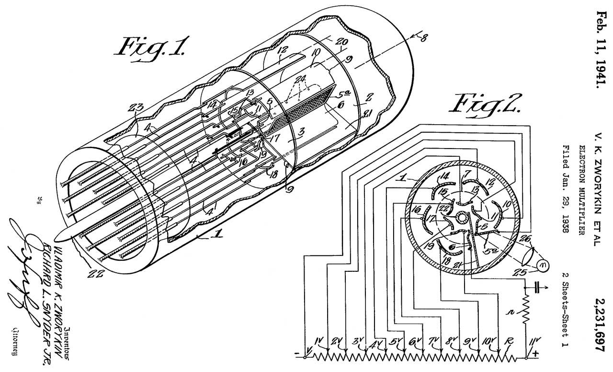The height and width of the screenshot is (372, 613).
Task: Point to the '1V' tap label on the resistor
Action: point(319,342)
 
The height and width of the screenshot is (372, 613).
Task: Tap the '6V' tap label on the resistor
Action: point(415,342)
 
